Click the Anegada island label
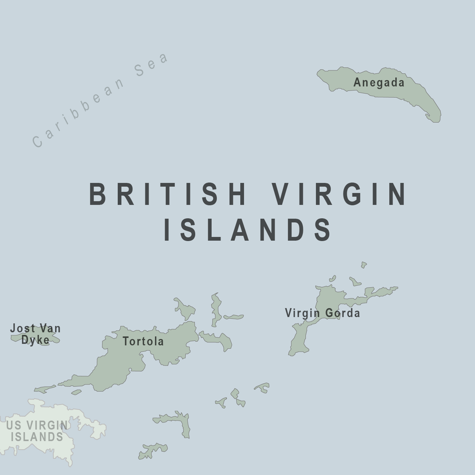[x=379, y=82]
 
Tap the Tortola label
[x=143, y=341]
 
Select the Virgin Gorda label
[x=322, y=313]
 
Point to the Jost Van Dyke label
[x=35, y=334]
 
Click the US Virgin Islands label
[x=37, y=431]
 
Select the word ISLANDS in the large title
[x=248, y=229]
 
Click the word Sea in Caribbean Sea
[x=152, y=65]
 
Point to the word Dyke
[x=35, y=340]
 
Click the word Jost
[x=22, y=329]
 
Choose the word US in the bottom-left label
[x=13, y=425]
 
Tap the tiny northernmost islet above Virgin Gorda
[x=364, y=265]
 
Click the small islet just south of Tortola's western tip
[x=76, y=392]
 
